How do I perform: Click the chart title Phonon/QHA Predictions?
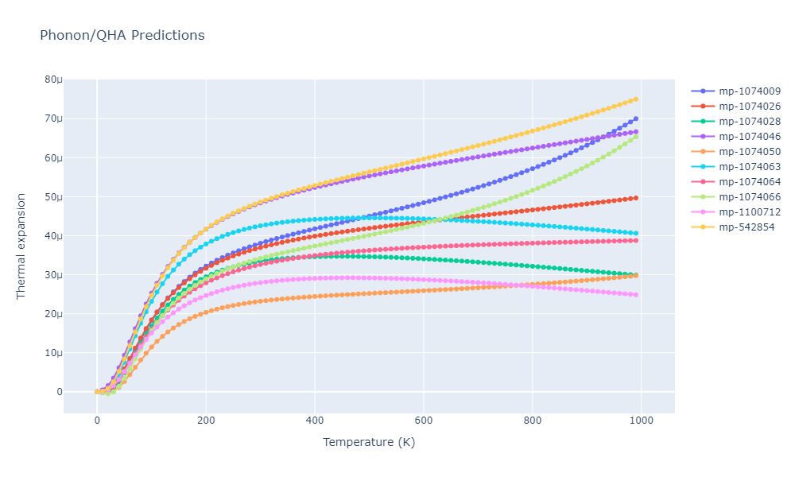[122, 36]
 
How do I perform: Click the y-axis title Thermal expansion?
[21, 246]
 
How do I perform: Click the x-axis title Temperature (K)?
[369, 443]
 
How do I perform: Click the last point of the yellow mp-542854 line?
[636, 99]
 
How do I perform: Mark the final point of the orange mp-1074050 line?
[636, 275]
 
